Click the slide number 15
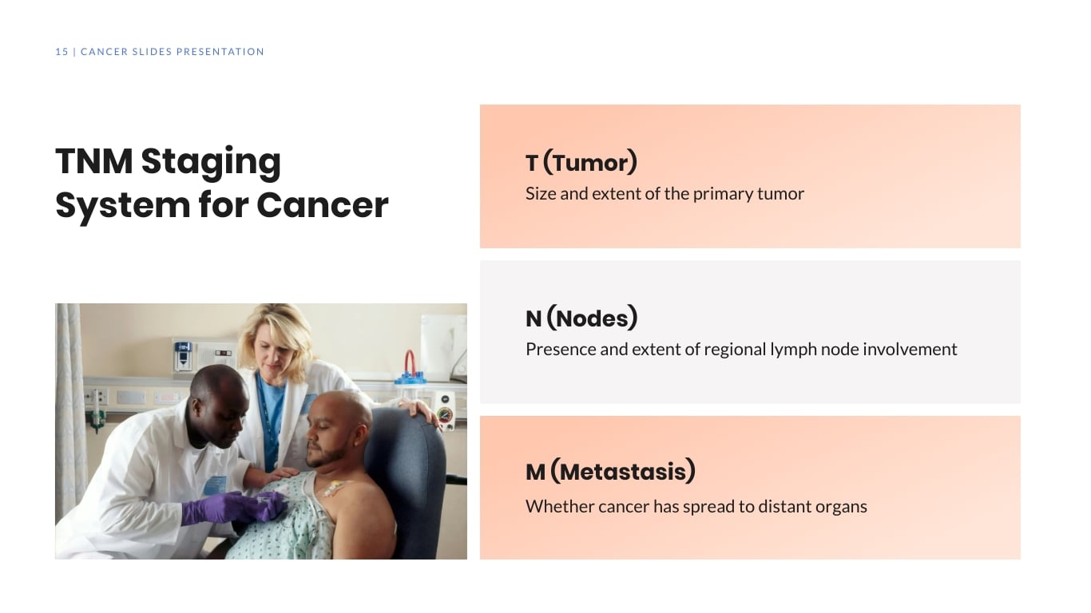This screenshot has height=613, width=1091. (x=61, y=52)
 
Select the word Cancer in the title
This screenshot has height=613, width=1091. (x=323, y=205)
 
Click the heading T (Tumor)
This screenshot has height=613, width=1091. (x=581, y=163)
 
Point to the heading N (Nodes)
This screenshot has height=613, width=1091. (x=581, y=318)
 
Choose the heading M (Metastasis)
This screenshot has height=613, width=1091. (x=610, y=472)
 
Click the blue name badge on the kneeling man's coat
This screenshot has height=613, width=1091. (x=214, y=484)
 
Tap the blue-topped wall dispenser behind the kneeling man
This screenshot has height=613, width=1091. (x=184, y=355)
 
